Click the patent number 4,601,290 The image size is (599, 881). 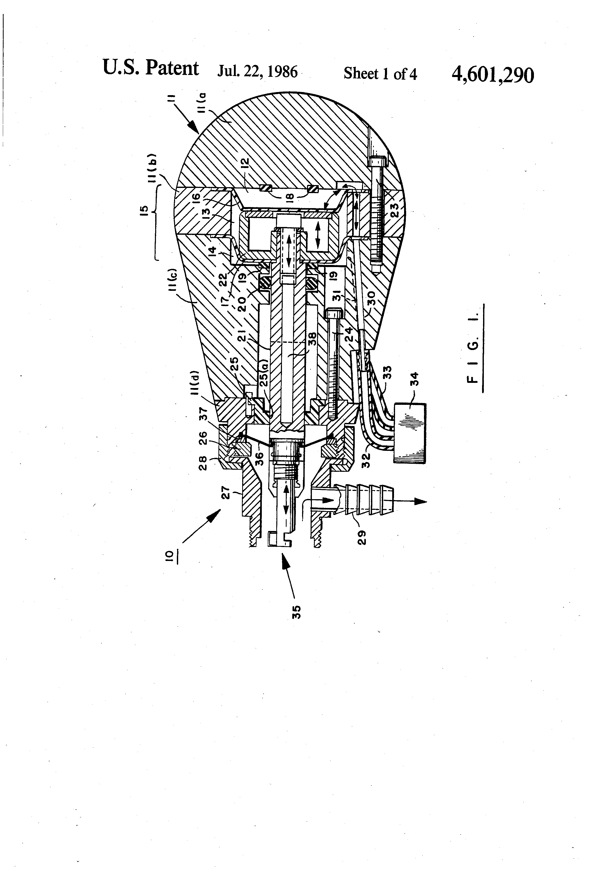tap(493, 75)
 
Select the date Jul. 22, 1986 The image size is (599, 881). tap(257, 71)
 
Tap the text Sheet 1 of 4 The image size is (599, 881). tap(380, 73)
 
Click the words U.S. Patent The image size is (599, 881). tap(150, 68)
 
